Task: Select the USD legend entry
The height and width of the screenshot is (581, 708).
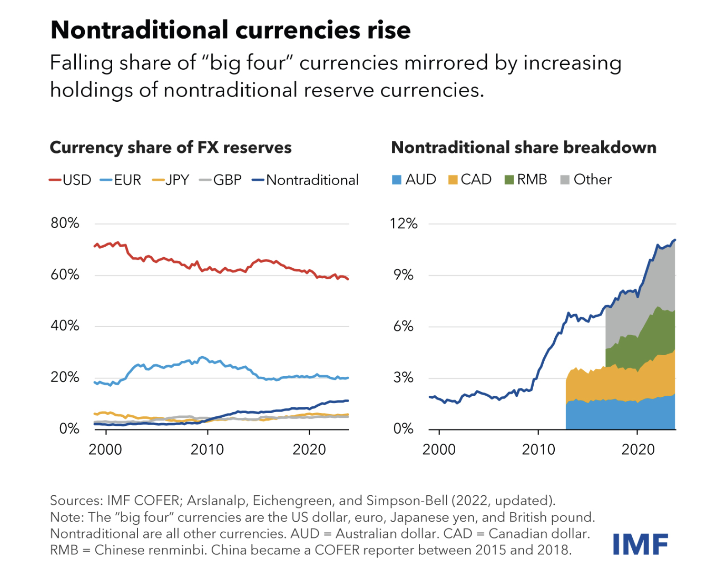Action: pos(70,180)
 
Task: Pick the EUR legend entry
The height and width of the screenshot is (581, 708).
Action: pos(121,180)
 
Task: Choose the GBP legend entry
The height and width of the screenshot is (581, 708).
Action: pos(221,180)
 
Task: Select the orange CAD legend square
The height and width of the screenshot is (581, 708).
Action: pos(453,180)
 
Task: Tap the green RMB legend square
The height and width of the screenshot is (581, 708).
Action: pos(509,180)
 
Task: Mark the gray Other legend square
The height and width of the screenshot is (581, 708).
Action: pos(565,180)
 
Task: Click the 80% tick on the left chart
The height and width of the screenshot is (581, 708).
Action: pos(65,223)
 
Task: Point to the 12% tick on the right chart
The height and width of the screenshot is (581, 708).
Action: pos(403,223)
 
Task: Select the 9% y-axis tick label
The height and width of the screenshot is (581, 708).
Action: pos(403,275)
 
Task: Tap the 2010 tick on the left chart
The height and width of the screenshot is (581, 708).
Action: pos(207,449)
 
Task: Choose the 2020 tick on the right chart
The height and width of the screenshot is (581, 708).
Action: pos(638,449)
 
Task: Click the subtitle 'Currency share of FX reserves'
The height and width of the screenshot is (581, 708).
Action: pos(171,148)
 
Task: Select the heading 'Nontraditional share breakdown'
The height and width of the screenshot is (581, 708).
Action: pos(524,148)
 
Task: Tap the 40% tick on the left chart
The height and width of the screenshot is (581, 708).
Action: pos(65,326)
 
